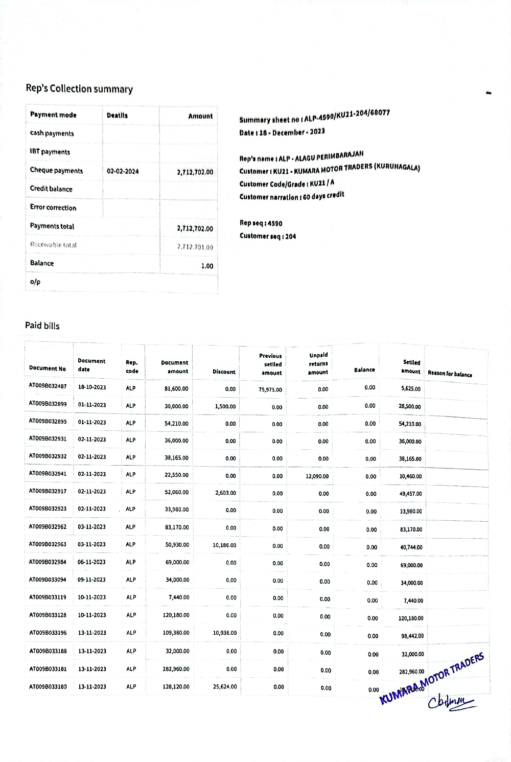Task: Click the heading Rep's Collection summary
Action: (79, 88)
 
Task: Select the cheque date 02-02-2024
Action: (123, 171)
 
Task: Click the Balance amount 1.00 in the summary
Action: (207, 266)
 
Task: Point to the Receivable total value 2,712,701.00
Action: (195, 247)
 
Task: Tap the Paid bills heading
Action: (42, 326)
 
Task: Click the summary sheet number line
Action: (314, 116)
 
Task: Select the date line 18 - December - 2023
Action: (282, 132)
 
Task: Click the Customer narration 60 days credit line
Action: (292, 196)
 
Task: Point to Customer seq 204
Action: (268, 236)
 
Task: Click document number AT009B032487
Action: (48, 386)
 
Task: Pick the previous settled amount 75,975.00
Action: (270, 389)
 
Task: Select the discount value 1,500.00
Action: (225, 406)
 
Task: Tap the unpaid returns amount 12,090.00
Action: (317, 476)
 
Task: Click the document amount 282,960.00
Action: (176, 669)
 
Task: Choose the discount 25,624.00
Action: (225, 686)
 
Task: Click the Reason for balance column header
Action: (450, 374)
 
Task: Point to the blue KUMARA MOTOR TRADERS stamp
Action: (432, 679)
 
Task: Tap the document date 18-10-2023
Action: (92, 387)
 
